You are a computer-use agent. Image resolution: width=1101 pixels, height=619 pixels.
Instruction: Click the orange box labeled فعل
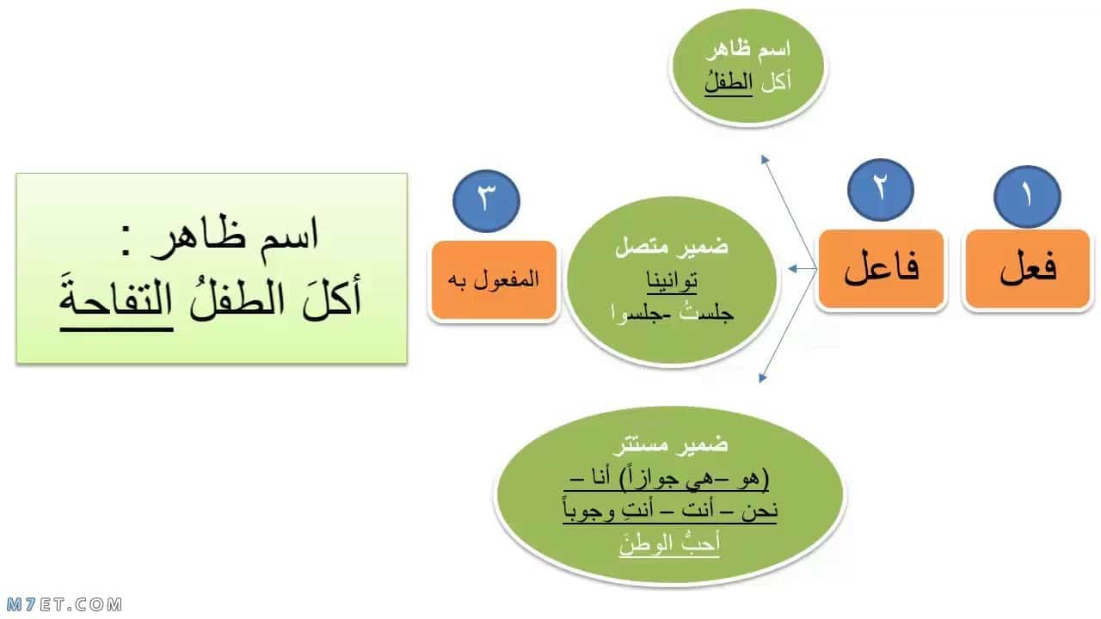[x=1028, y=269]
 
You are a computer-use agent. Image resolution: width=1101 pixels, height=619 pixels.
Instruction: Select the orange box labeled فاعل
[x=882, y=269]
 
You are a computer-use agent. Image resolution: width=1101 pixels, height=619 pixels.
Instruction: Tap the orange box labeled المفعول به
[x=494, y=280]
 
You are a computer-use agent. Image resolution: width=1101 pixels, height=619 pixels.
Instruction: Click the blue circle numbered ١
[x=1027, y=197]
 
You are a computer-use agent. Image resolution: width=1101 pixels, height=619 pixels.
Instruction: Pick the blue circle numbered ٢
[x=881, y=190]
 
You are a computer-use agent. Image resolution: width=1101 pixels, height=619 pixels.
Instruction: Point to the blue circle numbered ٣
[x=486, y=201]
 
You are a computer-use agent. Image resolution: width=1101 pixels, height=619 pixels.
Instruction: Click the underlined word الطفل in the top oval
[x=729, y=83]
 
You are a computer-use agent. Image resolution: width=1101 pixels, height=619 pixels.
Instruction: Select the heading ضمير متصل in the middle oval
[x=672, y=247]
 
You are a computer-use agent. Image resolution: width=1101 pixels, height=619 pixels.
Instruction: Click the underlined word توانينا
[x=672, y=281]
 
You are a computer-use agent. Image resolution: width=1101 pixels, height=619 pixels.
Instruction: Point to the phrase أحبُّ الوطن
[x=669, y=544]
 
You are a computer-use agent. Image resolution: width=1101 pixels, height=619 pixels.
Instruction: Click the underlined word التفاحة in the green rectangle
[x=116, y=301]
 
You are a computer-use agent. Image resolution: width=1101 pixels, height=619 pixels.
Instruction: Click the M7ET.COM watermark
[x=65, y=604]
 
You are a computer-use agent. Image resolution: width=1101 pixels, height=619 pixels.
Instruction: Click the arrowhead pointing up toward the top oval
[x=765, y=159]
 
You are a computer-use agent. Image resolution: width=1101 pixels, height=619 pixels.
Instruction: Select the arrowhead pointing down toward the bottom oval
[x=762, y=377]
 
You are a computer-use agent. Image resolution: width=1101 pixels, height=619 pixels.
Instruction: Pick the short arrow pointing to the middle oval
[x=803, y=269]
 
